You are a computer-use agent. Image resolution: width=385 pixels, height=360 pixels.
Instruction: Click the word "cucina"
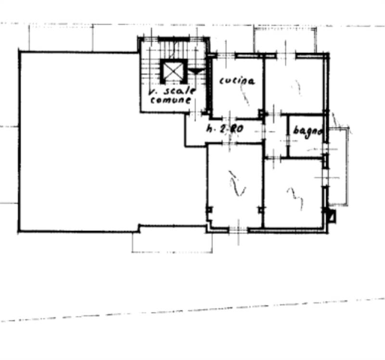pyautogui.click(x=237, y=81)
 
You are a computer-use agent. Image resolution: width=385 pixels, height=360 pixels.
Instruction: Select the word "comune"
pyautogui.click(x=170, y=101)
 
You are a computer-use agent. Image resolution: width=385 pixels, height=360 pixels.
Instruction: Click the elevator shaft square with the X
pyautogui.click(x=173, y=72)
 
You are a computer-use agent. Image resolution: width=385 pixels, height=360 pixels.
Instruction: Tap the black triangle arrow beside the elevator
pyautogui.click(x=195, y=71)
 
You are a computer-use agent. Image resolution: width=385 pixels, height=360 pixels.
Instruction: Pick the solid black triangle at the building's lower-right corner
pyautogui.click(x=331, y=216)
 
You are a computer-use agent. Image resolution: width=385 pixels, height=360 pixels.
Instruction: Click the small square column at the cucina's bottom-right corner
pyautogui.click(x=261, y=115)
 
